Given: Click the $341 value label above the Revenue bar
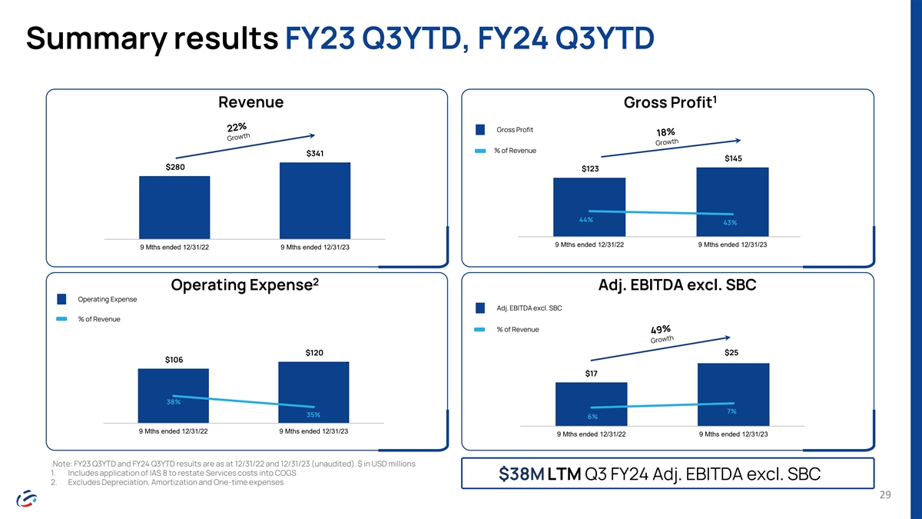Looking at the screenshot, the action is coord(315,154).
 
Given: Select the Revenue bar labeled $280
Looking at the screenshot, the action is coord(174,207).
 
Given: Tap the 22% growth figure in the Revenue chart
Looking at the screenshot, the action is coord(237,127).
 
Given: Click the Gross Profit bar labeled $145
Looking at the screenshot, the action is coord(733,201).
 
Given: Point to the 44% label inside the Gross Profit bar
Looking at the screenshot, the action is coord(586,220).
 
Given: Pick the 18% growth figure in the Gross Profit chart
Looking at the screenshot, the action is coord(665,132).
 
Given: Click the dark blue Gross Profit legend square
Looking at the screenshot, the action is coord(480,130).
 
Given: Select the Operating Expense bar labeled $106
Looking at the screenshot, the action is coord(174,396).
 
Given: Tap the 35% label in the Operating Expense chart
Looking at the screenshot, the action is coord(313,414).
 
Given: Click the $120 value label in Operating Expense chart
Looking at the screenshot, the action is coord(314,353).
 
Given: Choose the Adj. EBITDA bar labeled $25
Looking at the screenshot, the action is coord(734,394).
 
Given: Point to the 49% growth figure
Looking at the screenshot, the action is coord(661,330).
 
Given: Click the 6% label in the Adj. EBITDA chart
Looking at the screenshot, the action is coord(592,417).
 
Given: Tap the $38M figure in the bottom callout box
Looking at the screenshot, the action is coord(522,474).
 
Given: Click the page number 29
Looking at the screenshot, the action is coord(885,494).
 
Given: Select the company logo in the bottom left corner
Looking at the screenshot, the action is coord(27,498).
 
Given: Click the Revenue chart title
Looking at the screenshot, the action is coord(250,102).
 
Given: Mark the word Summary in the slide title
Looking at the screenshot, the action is coord(97,39).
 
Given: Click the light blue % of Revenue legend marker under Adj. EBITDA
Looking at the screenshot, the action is coord(479,330).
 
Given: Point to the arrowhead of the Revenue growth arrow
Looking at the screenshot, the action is coord(313,135).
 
